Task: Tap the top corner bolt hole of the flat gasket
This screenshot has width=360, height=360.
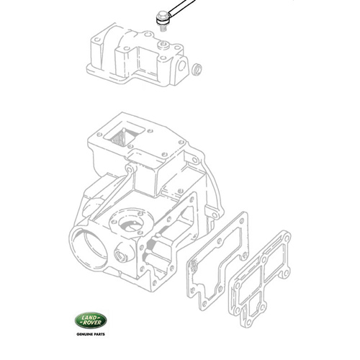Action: coord(243,217)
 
